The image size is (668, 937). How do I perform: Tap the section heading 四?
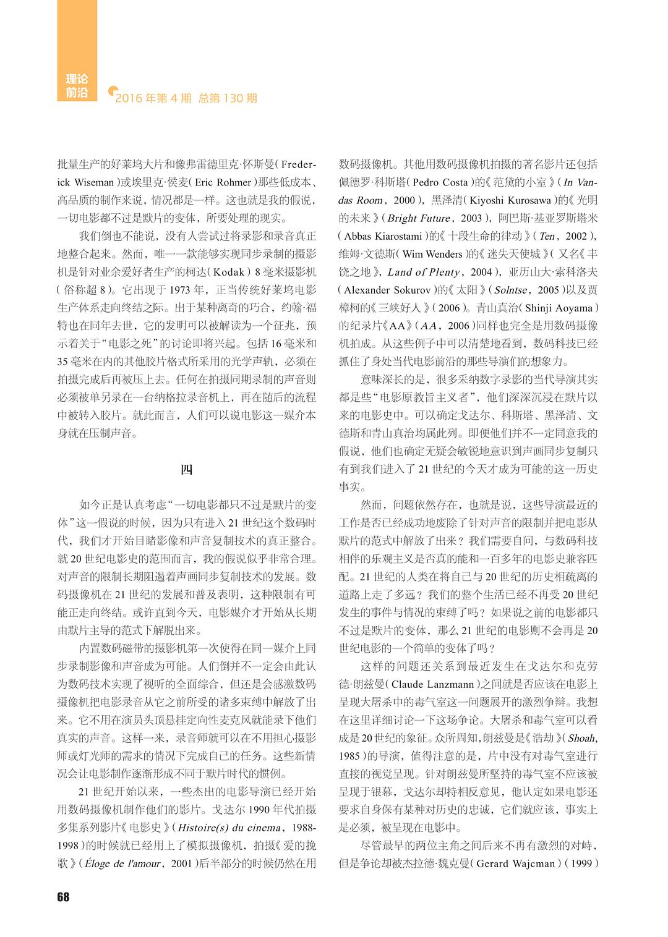[x=186, y=469]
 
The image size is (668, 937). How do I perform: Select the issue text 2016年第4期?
[x=153, y=98]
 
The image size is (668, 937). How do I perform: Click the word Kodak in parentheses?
[x=229, y=272]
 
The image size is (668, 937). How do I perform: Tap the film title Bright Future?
[x=418, y=218]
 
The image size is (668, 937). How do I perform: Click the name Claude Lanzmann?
[x=436, y=684]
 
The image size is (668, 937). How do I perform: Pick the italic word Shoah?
[x=581, y=738]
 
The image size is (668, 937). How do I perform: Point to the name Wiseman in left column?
[x=94, y=182]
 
